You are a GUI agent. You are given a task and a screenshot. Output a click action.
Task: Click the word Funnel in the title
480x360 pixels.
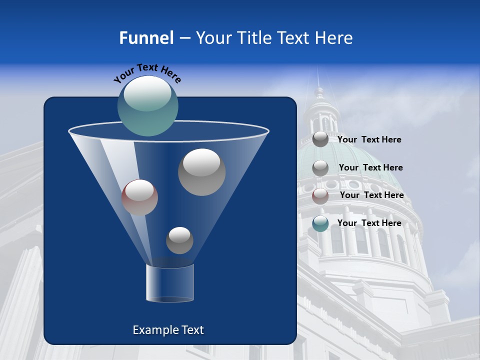pos(146,38)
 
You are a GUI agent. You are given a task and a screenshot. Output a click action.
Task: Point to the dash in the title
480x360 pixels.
pos(184,38)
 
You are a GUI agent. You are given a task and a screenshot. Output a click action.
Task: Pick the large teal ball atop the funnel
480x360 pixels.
pos(148,106)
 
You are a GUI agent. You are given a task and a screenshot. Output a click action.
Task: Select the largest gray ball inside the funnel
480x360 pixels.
pos(202,172)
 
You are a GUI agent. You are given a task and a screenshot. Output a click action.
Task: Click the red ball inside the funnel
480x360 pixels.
pos(139,197)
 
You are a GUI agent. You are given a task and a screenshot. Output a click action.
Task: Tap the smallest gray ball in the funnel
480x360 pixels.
pos(179,240)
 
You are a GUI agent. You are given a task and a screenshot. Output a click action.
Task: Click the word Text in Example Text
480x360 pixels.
pos(192,330)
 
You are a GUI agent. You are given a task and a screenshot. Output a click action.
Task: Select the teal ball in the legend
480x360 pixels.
pos(320,223)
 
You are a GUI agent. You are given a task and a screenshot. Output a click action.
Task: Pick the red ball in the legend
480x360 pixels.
pos(320,196)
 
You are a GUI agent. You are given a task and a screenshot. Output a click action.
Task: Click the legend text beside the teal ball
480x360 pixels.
pos(369,223)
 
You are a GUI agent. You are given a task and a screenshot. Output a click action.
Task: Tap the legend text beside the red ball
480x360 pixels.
pos(372,195)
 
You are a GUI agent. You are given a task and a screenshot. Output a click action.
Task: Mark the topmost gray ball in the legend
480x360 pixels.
pos(320,139)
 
